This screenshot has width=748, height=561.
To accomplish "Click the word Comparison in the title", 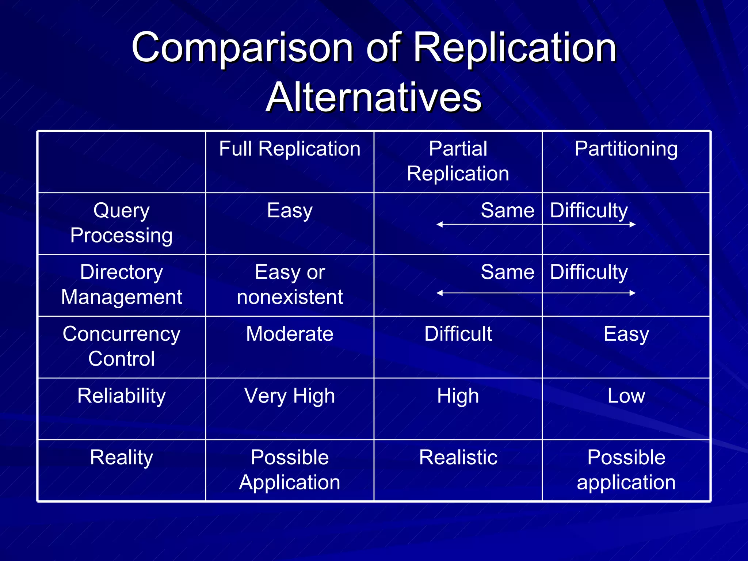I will tap(242, 47).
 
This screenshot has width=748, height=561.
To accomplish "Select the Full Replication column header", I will tap(290, 149).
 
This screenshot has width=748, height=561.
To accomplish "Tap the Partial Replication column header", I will tap(458, 161).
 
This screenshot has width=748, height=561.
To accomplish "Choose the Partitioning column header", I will tap(626, 149).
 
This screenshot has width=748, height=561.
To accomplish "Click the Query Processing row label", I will tap(121, 223).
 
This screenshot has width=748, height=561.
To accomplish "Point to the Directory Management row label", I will tap(121, 285).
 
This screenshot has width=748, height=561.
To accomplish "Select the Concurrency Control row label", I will tap(121, 346).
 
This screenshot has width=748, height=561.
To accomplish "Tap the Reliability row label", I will tap(121, 396).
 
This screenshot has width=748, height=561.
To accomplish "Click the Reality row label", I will tap(121, 458).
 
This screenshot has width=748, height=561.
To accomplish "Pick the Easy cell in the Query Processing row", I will tap(290, 211).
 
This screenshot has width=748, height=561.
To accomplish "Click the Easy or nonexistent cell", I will tap(290, 285).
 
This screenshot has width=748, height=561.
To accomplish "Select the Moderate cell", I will tap(290, 334).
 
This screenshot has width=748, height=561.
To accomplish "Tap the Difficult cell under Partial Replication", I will tap(458, 334).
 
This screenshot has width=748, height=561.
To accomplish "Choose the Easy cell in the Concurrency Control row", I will tap(626, 334).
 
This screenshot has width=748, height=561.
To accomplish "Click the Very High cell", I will tap(290, 396).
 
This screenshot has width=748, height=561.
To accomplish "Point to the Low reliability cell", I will tap(626, 396).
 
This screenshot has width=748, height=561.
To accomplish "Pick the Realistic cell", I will tap(458, 458).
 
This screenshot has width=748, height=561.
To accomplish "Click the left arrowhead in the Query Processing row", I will tap(440, 224).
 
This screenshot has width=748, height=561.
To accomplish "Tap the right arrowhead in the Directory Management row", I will tap(633, 293).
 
